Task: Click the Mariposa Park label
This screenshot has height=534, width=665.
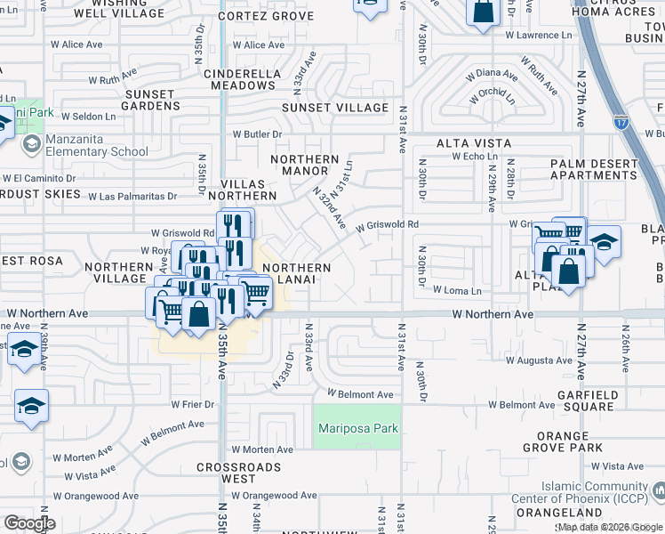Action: click(x=358, y=429)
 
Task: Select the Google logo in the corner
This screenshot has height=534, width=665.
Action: click(x=29, y=523)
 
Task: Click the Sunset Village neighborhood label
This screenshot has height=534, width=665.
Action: click(x=335, y=108)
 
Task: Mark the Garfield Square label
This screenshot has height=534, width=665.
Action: click(x=586, y=400)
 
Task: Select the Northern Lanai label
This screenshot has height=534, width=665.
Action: click(x=297, y=274)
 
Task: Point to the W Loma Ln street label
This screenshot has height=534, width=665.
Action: click(x=457, y=290)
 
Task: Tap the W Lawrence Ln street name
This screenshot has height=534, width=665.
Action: click(x=539, y=36)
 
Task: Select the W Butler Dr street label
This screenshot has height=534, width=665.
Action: click(x=257, y=134)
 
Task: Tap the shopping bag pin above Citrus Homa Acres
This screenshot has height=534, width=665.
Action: click(x=482, y=12)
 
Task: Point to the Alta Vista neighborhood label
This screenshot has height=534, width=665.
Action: click(x=473, y=143)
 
